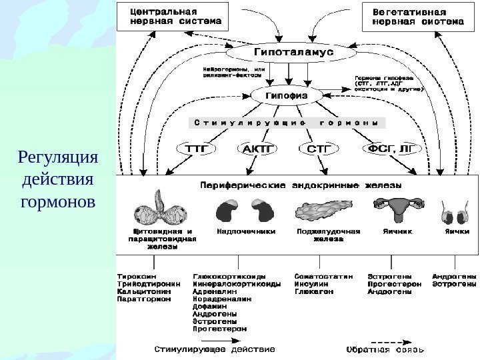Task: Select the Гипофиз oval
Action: click(x=287, y=96)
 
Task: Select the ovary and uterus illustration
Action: click(x=401, y=210)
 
